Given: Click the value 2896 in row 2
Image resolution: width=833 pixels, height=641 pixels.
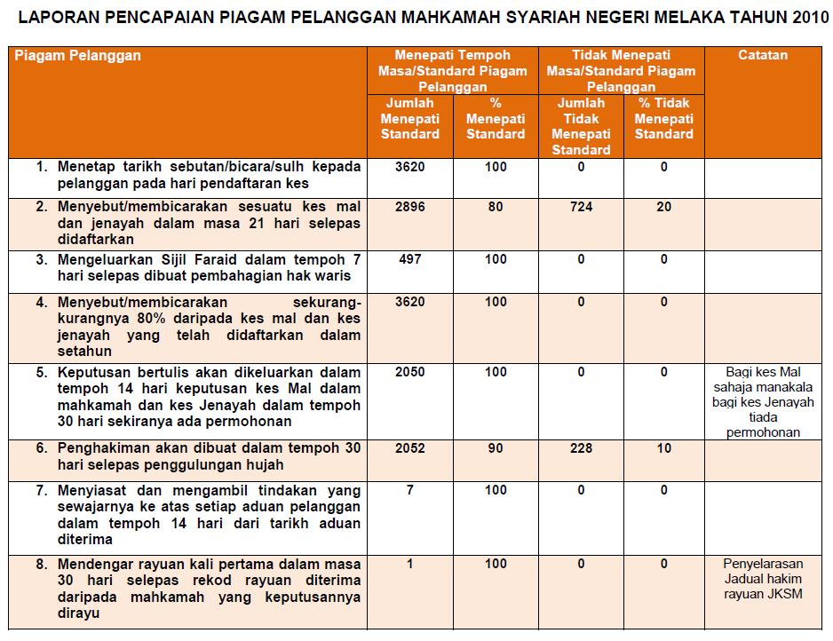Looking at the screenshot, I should point(410,207).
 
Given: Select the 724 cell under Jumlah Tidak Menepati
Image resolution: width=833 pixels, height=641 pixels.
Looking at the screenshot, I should point(581,207).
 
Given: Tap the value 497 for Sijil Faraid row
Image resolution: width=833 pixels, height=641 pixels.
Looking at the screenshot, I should point(410,259).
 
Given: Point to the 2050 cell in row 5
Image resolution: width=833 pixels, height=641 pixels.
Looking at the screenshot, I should point(410,373).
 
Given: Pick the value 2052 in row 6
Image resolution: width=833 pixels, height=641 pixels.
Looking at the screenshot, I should point(410,448).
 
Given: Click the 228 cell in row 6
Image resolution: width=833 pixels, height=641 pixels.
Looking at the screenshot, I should point(581,448).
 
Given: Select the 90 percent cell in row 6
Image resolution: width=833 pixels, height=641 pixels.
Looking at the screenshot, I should point(496,448).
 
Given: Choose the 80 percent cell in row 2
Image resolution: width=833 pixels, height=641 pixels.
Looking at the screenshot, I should point(496,207).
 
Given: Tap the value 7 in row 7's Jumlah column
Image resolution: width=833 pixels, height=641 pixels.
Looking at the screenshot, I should point(410,490).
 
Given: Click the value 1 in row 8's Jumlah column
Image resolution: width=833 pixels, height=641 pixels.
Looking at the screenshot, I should point(410,564).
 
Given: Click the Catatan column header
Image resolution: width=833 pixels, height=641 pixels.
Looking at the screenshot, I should point(763,55).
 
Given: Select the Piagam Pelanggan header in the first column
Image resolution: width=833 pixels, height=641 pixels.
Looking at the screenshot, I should point(78,55).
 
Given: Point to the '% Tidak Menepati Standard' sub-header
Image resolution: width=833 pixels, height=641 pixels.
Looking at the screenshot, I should point(664,118).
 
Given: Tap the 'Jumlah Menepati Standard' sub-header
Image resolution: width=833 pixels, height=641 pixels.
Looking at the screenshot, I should point(410,118).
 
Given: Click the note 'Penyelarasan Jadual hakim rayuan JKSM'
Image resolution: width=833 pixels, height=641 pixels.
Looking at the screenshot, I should point(763,578).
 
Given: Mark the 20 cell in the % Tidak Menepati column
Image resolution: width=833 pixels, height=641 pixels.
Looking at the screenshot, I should point(664,207).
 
